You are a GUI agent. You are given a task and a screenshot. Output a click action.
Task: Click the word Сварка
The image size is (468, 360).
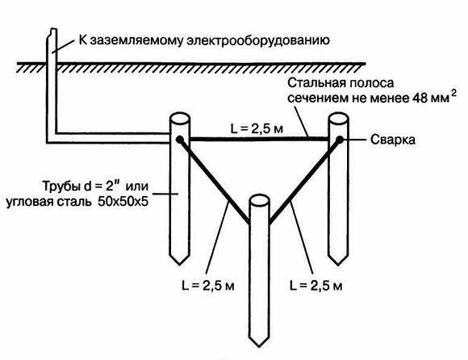(392, 140)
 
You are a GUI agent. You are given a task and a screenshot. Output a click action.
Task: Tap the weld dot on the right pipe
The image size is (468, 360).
(340, 139)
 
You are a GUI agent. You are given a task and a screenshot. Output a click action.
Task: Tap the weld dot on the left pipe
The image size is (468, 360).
(179, 139)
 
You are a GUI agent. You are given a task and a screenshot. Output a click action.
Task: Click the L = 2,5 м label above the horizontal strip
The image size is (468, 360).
(257, 128)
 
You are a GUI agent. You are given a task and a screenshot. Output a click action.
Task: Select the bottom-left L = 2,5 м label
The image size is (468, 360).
(208, 286)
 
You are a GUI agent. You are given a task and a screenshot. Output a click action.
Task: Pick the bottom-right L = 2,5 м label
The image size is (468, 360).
(316, 286)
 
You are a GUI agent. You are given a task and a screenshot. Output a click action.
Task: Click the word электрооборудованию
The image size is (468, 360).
(258, 40)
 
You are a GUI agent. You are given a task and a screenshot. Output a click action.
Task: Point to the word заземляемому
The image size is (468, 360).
(136, 40)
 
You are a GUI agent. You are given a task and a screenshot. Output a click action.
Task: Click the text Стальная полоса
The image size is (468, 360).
(341, 82)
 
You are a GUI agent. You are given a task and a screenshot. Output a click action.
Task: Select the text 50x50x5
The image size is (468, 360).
(123, 202)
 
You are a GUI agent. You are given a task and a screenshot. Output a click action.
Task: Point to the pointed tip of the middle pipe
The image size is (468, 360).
(259, 347)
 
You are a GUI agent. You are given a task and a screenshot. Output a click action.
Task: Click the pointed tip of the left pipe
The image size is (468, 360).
(179, 265)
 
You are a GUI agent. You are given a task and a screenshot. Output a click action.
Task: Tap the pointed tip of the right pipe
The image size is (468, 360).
(338, 265)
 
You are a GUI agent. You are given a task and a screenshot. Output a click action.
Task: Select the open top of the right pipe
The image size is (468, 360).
(338, 118)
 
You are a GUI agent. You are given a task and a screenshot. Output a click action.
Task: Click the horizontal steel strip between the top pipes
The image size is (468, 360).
(259, 139)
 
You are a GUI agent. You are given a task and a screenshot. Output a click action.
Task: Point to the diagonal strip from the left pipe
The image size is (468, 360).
(214, 181)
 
